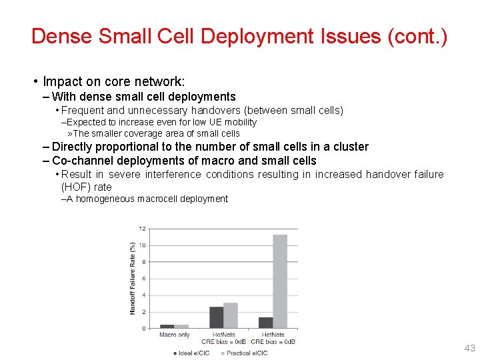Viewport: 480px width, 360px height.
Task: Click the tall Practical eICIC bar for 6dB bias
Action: tap(280, 281)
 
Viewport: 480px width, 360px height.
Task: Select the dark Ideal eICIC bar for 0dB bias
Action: tap(216, 317)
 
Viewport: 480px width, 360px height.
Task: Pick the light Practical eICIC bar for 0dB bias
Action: tap(231, 315)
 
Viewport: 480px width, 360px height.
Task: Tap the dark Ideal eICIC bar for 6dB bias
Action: tap(266, 323)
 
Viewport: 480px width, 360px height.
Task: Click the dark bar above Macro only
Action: tap(167, 326)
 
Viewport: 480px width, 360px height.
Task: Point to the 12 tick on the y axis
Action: tap(142, 229)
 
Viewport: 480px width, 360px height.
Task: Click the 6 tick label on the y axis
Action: tap(143, 279)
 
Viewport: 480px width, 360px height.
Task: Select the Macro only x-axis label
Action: tap(175, 335)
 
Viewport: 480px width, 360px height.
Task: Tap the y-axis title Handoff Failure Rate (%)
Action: tap(132, 278)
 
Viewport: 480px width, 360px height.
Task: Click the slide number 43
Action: tap(469, 348)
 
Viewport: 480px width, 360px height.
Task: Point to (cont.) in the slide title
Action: tap(418, 36)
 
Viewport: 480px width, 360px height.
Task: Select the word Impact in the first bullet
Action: tap(61, 82)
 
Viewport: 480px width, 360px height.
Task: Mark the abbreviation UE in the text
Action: tap(217, 122)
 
